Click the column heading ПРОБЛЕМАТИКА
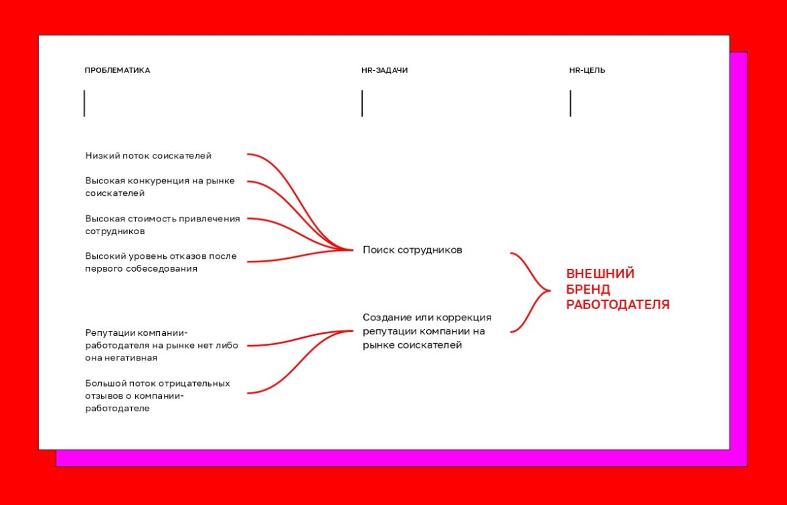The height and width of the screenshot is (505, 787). click(117, 70)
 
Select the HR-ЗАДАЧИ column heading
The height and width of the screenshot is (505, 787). click(384, 70)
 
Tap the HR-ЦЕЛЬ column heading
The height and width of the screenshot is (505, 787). click(588, 70)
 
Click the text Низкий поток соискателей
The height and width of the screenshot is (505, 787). click(149, 156)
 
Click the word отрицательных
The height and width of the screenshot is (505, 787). click(194, 384)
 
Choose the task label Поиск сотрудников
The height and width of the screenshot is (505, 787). click(412, 249)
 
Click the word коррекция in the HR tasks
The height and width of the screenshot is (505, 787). click(464, 318)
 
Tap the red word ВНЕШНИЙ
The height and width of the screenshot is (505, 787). click(600, 274)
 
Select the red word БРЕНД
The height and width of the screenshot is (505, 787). click(588, 290)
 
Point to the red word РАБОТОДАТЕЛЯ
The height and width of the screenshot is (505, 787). click(618, 305)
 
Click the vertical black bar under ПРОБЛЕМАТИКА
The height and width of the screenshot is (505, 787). click(84, 103)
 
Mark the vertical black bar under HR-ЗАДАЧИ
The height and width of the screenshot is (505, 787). click(362, 103)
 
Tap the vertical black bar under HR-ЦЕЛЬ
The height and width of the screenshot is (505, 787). click(570, 103)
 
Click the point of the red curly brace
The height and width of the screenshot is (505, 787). click(550, 290)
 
